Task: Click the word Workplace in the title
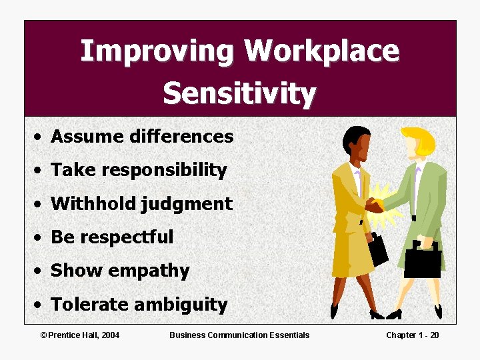321,52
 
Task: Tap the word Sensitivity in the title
239,93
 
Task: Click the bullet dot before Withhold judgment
41,204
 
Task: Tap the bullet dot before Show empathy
41,271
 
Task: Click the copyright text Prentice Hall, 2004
80,335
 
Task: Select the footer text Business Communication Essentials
239,335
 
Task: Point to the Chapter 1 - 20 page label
412,335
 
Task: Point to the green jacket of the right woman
424,193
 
